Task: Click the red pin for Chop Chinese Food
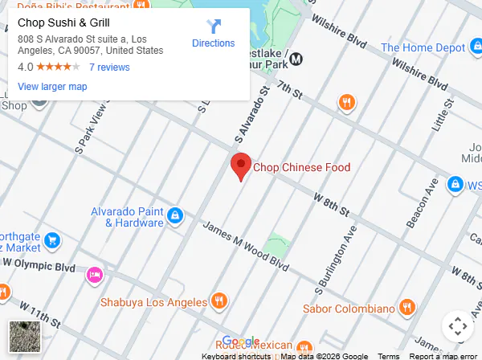(240, 166)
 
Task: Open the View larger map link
(52, 87)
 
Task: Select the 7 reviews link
(109, 67)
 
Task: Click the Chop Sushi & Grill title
(63, 22)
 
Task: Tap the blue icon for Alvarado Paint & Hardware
(175, 215)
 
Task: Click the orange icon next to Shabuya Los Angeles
(219, 301)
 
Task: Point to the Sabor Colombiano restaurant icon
(407, 308)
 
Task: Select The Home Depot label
(424, 48)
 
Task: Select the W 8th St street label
(331, 204)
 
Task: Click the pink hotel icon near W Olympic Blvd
(94, 275)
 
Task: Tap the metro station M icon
(296, 58)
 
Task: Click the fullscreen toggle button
(457, 326)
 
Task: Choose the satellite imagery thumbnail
(22, 334)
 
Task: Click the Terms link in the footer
(389, 356)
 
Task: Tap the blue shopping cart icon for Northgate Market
(52, 239)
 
